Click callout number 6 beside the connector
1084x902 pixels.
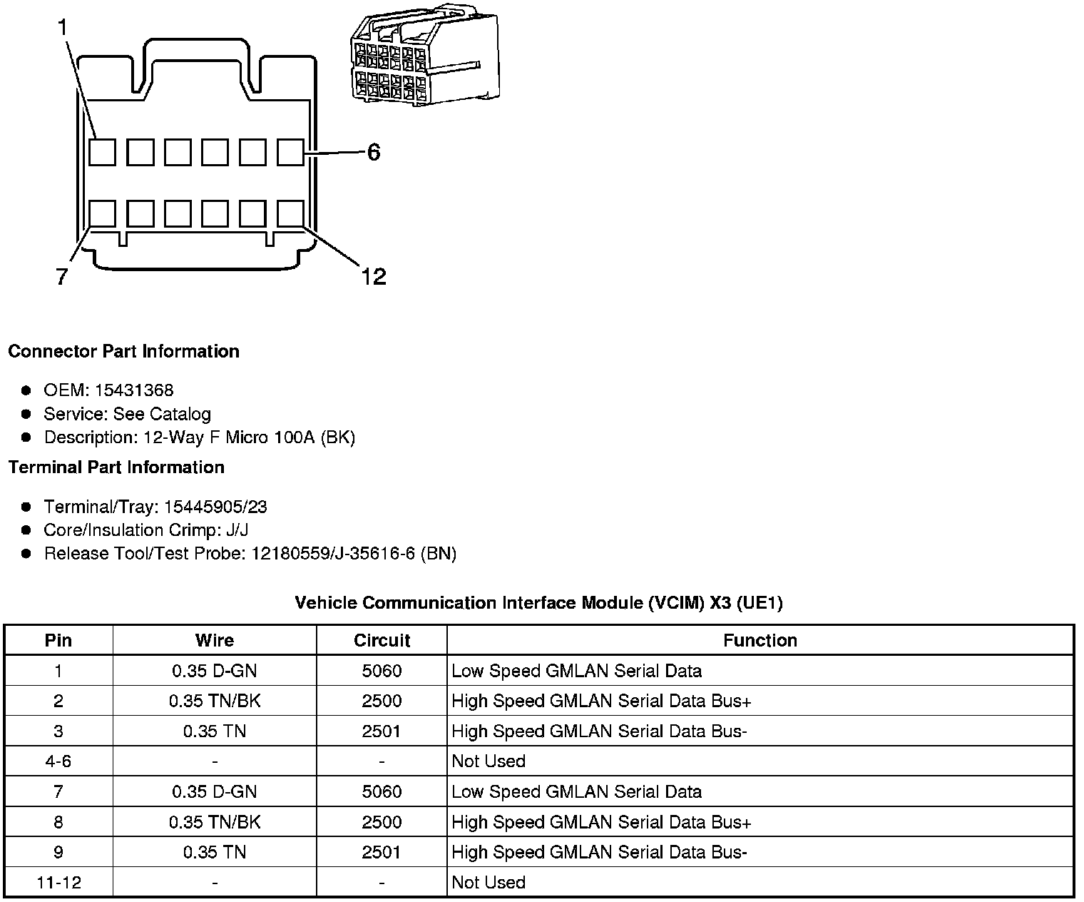tap(374, 152)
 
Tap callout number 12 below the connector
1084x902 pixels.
tap(373, 276)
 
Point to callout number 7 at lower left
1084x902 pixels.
tap(62, 276)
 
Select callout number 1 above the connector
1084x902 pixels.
tap(63, 28)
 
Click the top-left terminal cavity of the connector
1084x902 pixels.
tap(103, 152)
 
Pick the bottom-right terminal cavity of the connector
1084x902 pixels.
tap(290, 213)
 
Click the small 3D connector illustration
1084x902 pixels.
tap(424, 57)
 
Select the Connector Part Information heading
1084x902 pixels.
tap(123, 351)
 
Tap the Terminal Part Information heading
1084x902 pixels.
tap(116, 467)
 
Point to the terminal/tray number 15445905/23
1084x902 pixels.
tap(215, 507)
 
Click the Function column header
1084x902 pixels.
tap(760, 640)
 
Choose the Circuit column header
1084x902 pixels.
tap(382, 640)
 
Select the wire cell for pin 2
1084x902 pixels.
tap(215, 701)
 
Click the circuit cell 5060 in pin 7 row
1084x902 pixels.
tap(382, 791)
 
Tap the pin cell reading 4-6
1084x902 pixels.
tap(58, 761)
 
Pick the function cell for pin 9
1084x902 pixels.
tap(599, 852)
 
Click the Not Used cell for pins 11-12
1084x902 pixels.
tap(489, 883)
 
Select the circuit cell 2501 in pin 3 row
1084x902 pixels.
tap(382, 731)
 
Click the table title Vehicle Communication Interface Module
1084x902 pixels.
tap(538, 603)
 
